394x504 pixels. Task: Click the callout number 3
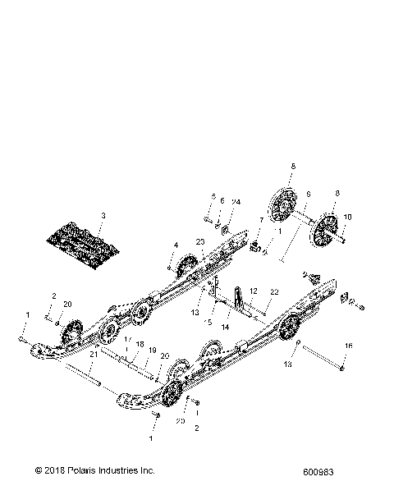coord(103,215)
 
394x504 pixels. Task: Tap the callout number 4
coord(175,245)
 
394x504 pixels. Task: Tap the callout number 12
coord(254,291)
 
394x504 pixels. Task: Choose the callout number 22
coord(274,291)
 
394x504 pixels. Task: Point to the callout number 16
coord(349,347)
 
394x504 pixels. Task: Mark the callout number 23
coord(199,241)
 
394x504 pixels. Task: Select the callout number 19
coord(153,349)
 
